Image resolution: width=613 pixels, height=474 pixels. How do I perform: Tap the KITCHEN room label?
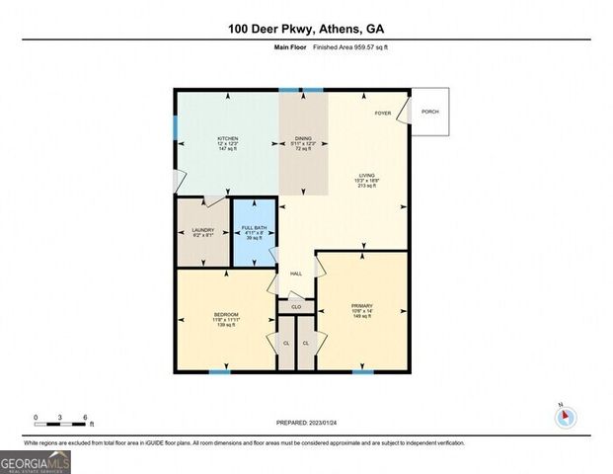point(228,137)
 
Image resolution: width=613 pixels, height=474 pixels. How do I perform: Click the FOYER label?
point(382,113)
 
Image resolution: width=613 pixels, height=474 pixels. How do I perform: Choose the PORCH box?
point(429,112)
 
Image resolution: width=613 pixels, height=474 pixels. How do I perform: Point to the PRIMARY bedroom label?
point(361,305)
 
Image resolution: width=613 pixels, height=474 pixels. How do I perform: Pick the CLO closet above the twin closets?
point(296,307)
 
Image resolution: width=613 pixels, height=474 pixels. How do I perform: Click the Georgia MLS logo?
point(35,461)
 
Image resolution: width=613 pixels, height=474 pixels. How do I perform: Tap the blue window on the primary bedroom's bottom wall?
point(363,371)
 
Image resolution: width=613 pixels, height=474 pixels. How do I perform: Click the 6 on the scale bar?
point(86,417)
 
